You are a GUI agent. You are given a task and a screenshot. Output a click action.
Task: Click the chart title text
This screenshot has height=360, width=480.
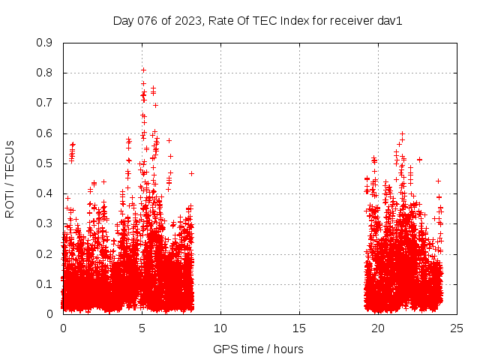click(x=257, y=21)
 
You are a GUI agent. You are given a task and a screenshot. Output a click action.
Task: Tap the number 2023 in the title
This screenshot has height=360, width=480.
click(x=186, y=21)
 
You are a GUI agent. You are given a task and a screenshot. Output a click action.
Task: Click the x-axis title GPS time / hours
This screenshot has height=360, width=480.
click(x=258, y=349)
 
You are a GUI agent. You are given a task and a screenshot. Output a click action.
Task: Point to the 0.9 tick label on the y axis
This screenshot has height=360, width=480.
click(x=44, y=43)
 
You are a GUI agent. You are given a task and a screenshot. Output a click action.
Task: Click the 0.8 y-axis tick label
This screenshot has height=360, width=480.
click(x=44, y=73)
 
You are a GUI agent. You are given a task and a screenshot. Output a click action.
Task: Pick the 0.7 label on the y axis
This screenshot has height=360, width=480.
click(x=44, y=103)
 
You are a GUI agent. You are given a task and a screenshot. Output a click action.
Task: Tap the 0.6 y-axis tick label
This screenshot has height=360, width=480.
click(x=44, y=133)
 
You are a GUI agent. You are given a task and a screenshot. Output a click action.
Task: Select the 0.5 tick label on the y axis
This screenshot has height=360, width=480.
click(x=44, y=163)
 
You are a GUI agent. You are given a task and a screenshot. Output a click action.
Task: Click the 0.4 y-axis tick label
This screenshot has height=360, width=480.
click(x=44, y=193)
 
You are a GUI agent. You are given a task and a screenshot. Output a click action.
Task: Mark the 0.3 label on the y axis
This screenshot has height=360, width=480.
click(x=44, y=223)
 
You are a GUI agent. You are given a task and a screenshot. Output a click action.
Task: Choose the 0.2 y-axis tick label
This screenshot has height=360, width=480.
click(x=44, y=253)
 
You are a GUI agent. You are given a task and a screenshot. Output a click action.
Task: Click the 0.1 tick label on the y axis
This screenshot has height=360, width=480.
click(x=44, y=284)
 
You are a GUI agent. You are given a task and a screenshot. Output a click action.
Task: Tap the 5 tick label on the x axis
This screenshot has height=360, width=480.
click(x=142, y=328)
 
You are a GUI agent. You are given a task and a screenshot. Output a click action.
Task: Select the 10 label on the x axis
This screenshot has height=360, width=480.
click(x=220, y=328)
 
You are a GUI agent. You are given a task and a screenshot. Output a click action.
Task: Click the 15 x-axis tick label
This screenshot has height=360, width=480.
click(x=299, y=328)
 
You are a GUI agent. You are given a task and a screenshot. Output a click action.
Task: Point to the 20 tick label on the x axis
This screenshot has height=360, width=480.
click(x=378, y=328)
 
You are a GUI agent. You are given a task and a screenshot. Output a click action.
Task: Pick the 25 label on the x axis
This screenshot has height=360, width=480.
click(x=457, y=328)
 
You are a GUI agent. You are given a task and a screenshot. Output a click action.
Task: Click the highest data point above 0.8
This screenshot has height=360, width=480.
click(x=143, y=70)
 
